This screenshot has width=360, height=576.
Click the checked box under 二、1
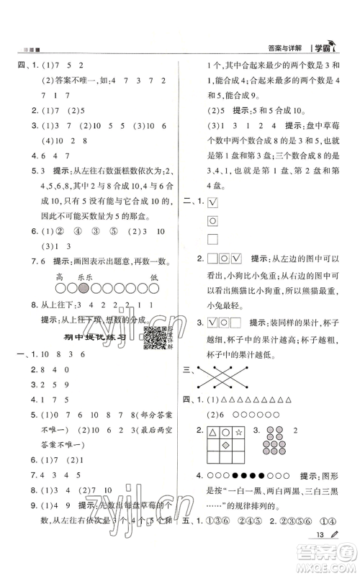pos(213,208)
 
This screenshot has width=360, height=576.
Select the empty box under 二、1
pos(213,238)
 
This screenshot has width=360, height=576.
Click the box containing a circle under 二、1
pos(213,223)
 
